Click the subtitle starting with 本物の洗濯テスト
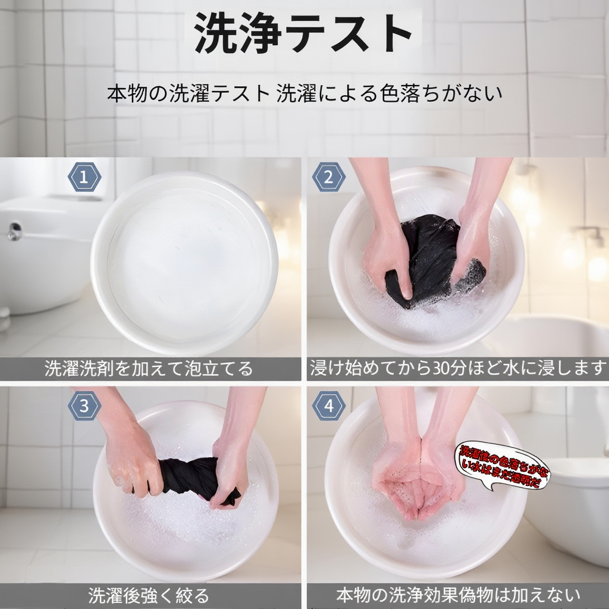(304, 93)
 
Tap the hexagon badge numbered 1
(85, 177)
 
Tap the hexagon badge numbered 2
(329, 177)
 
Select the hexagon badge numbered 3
(85, 406)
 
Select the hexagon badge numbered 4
(329, 406)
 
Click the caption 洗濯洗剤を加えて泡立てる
(149, 369)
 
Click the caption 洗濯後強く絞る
(149, 595)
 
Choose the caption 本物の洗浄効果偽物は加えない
(457, 595)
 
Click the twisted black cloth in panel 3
(190, 476)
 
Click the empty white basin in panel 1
(184, 262)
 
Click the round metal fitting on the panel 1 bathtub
(15, 231)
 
